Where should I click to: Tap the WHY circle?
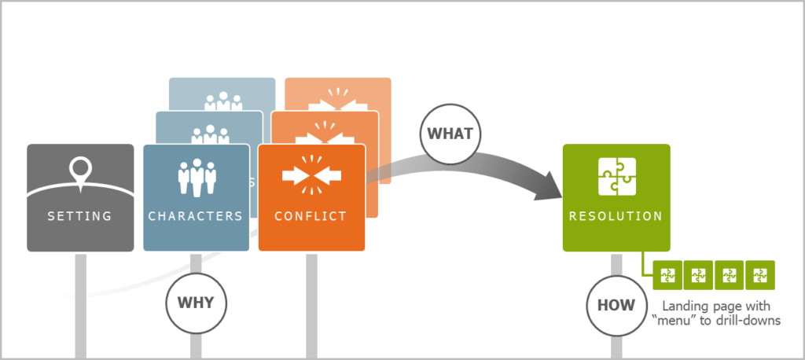(x=196, y=302)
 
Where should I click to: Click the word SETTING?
(x=79, y=216)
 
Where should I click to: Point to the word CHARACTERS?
(x=196, y=216)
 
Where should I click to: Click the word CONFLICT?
(x=311, y=216)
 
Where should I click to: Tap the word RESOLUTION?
(x=616, y=215)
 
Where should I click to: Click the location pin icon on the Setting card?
(x=79, y=171)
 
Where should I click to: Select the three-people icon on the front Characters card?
(x=196, y=178)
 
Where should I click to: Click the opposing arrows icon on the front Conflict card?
(x=311, y=176)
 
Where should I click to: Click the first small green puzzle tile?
(x=667, y=275)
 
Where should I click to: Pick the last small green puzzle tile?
(x=759, y=275)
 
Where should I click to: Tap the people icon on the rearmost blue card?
(x=222, y=102)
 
